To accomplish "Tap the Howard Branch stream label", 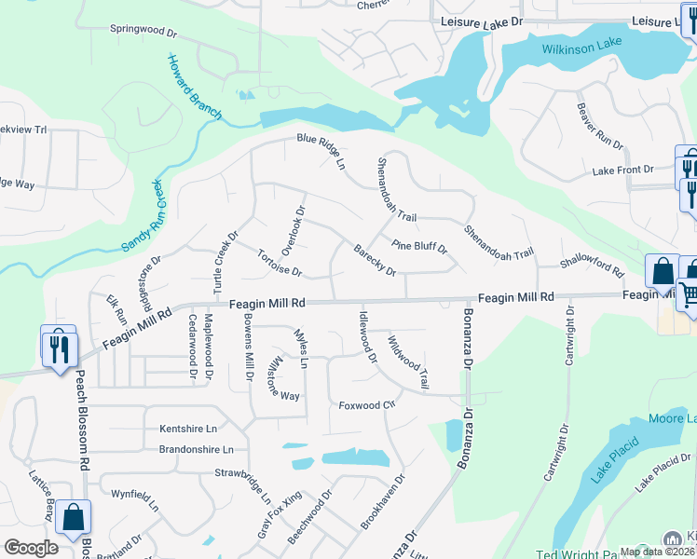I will click(x=194, y=88).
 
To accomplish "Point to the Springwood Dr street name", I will click(x=143, y=30).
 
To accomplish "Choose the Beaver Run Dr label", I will click(x=599, y=129).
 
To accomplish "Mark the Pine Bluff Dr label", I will click(x=419, y=248).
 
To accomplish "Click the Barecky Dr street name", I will click(x=376, y=260).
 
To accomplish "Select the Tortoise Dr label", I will click(x=280, y=265).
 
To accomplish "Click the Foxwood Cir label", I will click(x=367, y=405).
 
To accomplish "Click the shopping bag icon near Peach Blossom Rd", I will click(x=73, y=517).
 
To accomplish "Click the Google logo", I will click(x=31, y=548).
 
